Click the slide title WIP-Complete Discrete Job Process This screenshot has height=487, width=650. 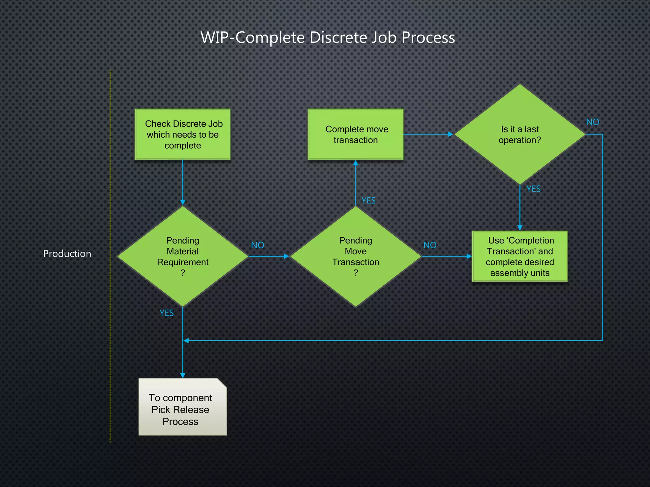[x=328, y=37]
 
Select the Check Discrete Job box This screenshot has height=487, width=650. [x=183, y=134]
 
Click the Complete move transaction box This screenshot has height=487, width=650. [x=355, y=134]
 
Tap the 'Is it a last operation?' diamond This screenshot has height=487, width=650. [x=520, y=134]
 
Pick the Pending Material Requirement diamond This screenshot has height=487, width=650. [x=183, y=256]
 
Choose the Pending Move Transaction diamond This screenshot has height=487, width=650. [x=355, y=256]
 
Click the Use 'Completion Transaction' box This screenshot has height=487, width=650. [x=520, y=256]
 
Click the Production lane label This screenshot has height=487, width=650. [x=67, y=254]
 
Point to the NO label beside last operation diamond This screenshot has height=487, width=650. [x=593, y=122]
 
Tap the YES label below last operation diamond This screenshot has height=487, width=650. [x=533, y=189]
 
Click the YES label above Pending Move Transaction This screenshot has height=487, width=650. [x=368, y=200]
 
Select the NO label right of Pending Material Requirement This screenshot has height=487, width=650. [x=257, y=245]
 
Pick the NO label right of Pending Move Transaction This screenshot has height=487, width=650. [x=430, y=245]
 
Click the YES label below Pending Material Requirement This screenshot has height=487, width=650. [x=166, y=313]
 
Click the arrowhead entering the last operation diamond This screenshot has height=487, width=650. [x=450, y=134]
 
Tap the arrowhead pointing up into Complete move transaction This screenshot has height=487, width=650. [x=355, y=163]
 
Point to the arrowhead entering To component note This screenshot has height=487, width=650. [x=183, y=375]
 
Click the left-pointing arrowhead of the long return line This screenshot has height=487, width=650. [x=186, y=341]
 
